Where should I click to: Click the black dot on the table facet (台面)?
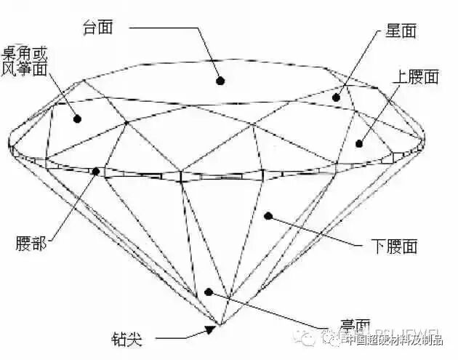coord(219,80)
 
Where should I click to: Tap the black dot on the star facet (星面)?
coord(336,97)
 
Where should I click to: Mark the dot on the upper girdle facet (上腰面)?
coord(358,143)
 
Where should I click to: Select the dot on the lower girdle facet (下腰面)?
coord(268,215)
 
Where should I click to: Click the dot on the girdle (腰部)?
coord(97,172)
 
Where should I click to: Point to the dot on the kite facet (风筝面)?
coord(76,119)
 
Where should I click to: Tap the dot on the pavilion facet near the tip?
coord(209,292)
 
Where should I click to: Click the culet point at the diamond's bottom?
coord(219,324)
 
